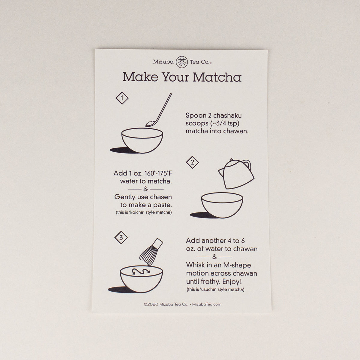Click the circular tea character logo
pyautogui.click(x=181, y=62)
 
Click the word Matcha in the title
pyautogui.click(x=217, y=77)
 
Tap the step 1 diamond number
pyautogui.click(x=122, y=98)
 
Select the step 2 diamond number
pyautogui.click(x=192, y=162)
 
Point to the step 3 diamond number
pyautogui.click(x=121, y=238)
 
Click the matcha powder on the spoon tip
pyautogui.click(x=150, y=123)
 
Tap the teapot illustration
pyautogui.click(x=236, y=174)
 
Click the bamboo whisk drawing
pyautogui.click(x=151, y=251)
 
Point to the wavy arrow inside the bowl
pyautogui.click(x=141, y=271)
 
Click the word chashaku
pyautogui.click(x=227, y=115)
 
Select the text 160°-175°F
pyautogui.click(x=158, y=173)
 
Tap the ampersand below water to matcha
pyautogui.click(x=145, y=189)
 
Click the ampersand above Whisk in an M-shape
pyautogui.click(x=214, y=257)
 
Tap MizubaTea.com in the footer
pyautogui.click(x=207, y=304)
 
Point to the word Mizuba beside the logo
pyautogui.click(x=163, y=62)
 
